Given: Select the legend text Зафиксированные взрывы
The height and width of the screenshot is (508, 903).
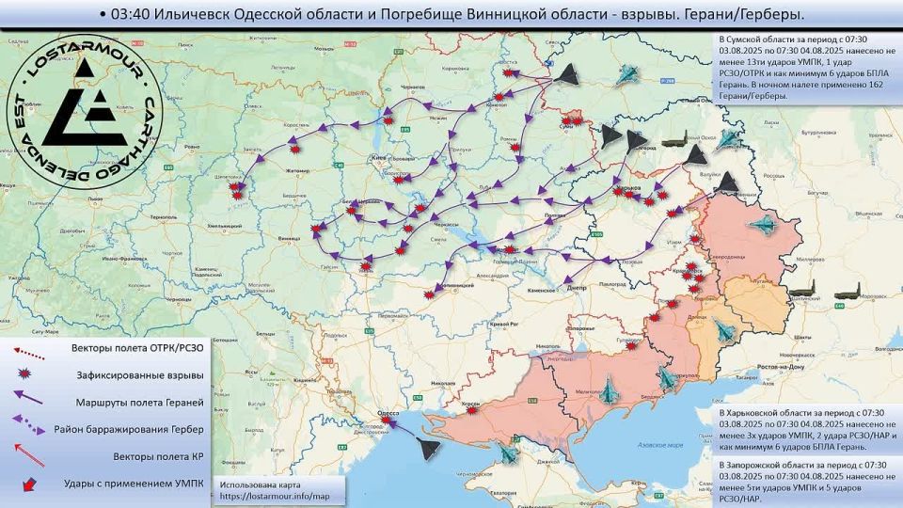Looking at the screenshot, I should tap(140, 375).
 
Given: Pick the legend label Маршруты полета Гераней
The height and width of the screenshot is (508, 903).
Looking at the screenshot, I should tap(139, 403).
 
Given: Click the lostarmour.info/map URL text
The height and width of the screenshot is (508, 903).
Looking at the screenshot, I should tap(273, 496).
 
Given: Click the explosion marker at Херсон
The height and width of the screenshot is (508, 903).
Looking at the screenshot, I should tap(474, 410).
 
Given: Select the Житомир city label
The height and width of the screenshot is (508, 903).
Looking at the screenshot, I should tap(283, 171).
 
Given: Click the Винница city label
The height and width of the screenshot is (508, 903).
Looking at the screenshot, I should tap(289, 240).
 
